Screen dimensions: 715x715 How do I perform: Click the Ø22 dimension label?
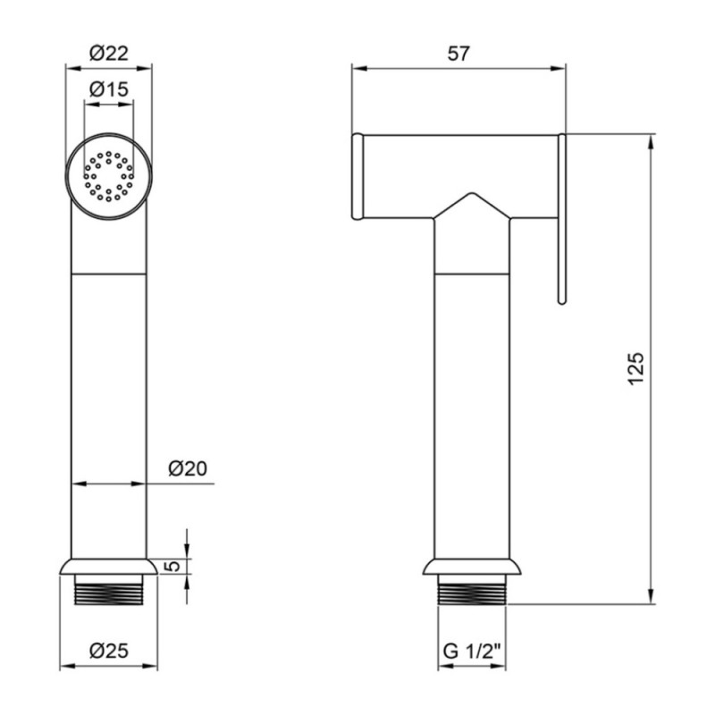[x=109, y=53]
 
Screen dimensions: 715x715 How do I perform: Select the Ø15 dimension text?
[x=109, y=88]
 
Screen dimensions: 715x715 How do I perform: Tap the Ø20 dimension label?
[x=188, y=467]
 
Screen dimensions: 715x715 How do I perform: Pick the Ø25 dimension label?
[x=109, y=651]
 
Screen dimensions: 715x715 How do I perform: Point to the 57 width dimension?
[x=458, y=54]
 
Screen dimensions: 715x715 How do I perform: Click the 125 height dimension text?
[x=636, y=369]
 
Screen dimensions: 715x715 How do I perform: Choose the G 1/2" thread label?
[x=472, y=652]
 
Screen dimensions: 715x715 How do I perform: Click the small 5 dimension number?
[x=172, y=567]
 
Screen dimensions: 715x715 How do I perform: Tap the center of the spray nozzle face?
[x=108, y=176]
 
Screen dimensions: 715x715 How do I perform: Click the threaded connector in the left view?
[x=109, y=589]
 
